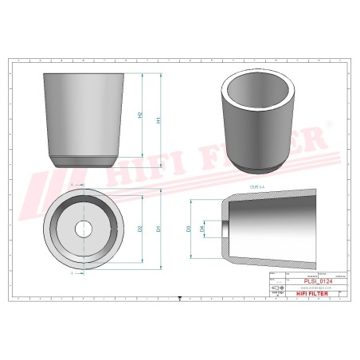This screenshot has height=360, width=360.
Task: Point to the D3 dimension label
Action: point(189,229)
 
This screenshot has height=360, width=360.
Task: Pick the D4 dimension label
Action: point(202,229)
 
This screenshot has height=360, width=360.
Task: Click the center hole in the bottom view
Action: point(84,229)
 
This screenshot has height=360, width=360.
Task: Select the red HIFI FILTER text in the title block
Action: point(307,294)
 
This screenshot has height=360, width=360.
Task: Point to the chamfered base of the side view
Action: point(83,160)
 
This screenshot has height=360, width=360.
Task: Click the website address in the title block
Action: point(307,288)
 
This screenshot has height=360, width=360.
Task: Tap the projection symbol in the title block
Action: point(276,288)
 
